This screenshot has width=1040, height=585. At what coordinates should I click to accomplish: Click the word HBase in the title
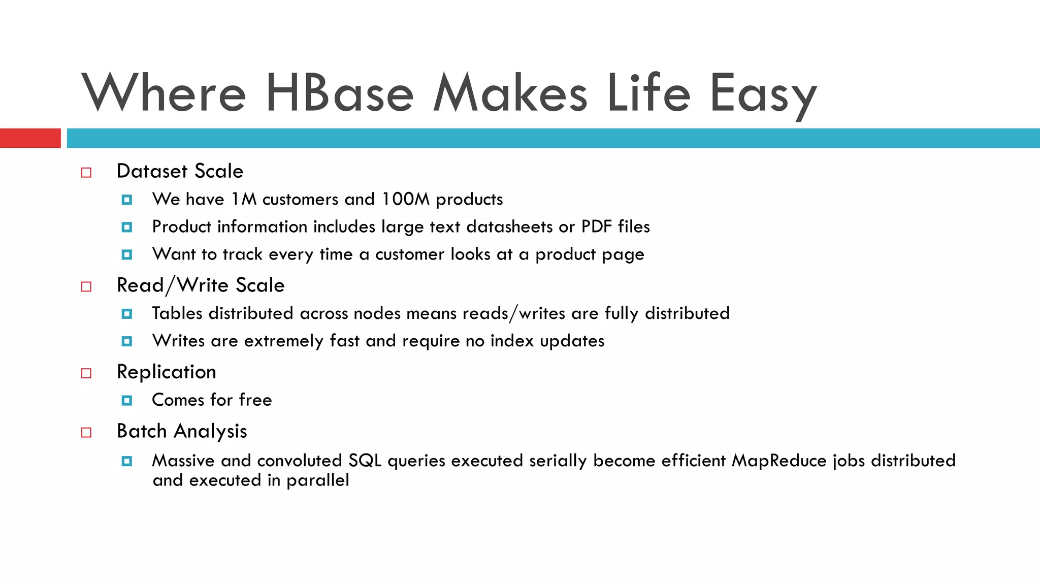[x=339, y=93]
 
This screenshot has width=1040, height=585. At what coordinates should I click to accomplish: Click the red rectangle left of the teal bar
[x=30, y=138]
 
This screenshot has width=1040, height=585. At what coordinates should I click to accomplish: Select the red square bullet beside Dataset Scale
[x=86, y=173]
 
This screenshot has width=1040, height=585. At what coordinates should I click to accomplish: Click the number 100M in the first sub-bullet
[x=405, y=199]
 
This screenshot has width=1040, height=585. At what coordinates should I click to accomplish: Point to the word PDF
[x=596, y=226]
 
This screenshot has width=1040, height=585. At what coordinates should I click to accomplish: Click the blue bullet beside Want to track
[x=127, y=254]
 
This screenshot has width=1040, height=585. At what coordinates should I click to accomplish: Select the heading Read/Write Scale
[x=201, y=285]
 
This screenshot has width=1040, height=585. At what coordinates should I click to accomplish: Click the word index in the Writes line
[x=512, y=341]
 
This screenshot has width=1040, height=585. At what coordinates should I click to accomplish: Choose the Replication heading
[x=167, y=372]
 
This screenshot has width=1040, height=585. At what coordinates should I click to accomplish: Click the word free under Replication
[x=255, y=400]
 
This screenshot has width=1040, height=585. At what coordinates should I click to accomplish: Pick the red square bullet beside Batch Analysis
[x=86, y=433]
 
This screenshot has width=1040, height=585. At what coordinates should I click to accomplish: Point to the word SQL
[x=365, y=461]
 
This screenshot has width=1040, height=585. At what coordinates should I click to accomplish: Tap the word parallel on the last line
[x=318, y=480]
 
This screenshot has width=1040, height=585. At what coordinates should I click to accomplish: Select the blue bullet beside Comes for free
[x=127, y=401]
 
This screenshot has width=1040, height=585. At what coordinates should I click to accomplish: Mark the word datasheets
[x=509, y=226]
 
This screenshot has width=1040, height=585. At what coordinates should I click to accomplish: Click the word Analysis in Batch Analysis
[x=210, y=432]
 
